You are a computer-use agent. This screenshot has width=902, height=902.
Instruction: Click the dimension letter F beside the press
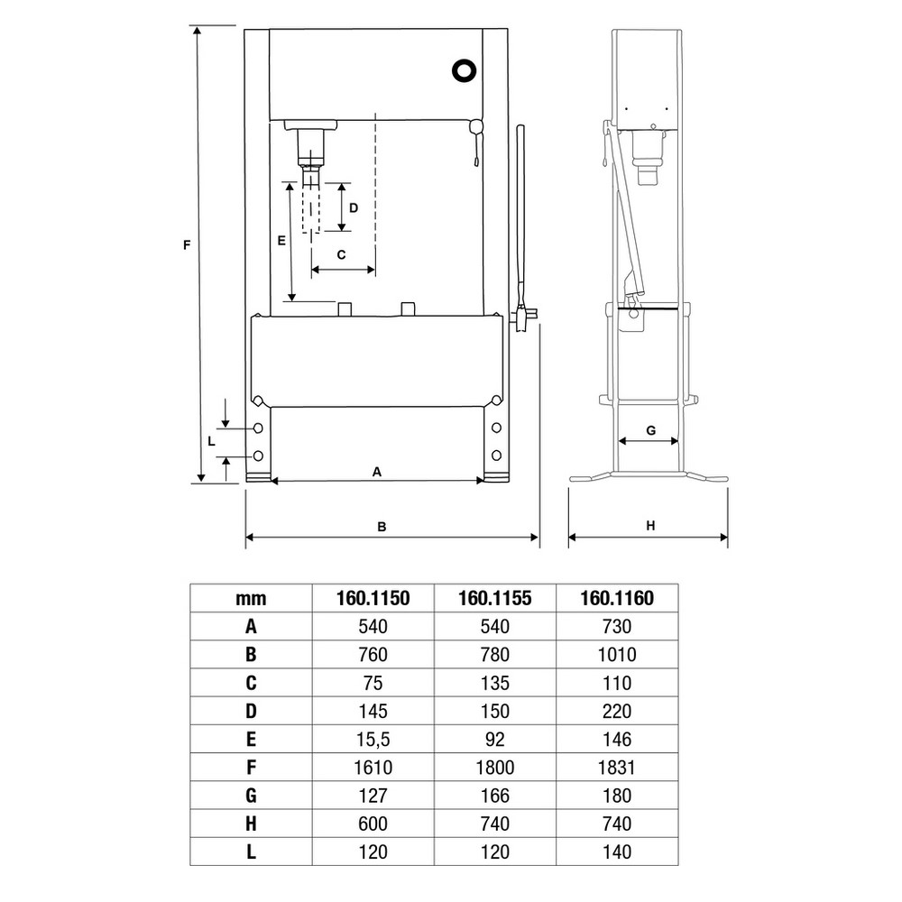point(187,245)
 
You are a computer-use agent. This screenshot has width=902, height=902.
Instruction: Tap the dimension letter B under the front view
point(382,527)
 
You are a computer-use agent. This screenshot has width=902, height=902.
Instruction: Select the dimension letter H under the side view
point(650,525)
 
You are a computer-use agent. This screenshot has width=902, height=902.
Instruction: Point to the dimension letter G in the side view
point(651,430)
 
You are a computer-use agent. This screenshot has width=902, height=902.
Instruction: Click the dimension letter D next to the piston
point(354,207)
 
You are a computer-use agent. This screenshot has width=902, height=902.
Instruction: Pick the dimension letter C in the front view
point(341,254)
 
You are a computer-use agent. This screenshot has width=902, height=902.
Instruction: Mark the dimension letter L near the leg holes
point(211,441)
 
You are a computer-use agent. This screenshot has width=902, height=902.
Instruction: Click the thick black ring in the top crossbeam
point(464,70)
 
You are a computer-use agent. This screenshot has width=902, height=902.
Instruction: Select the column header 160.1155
point(494,598)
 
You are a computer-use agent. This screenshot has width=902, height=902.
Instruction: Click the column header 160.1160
point(617,598)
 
